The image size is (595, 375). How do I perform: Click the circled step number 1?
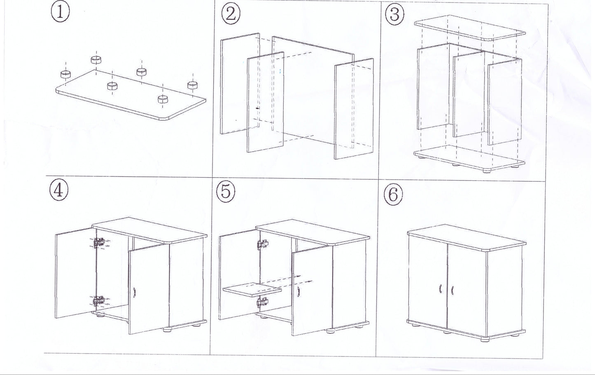[x=60, y=12]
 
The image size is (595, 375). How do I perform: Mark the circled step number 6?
[x=393, y=195]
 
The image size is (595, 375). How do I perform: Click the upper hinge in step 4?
[x=98, y=243]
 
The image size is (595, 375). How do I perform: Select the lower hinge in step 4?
[x=98, y=302]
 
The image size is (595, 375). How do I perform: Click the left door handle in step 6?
[x=440, y=289]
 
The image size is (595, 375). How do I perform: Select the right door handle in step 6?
[x=452, y=289]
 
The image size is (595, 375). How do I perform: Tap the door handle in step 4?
[x=134, y=292]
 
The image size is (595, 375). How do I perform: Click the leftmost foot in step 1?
[x=65, y=74]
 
